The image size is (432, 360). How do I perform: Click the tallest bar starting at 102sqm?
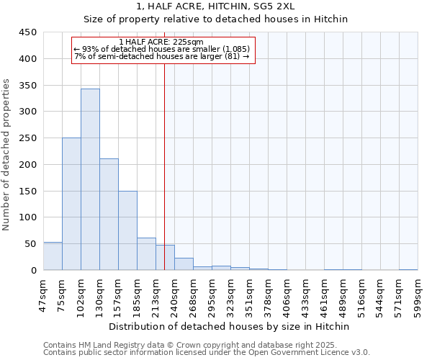(90, 180)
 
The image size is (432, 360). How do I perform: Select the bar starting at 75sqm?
(71, 204)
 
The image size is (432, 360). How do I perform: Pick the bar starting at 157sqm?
(127, 230)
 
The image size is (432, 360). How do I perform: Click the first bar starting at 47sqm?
(53, 256)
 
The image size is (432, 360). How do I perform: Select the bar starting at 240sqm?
(184, 264)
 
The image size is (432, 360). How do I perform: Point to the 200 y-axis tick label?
(28, 165)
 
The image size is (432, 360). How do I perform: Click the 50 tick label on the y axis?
(30, 244)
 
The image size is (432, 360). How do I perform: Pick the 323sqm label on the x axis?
(231, 295)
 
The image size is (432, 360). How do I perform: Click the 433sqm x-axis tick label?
(306, 295)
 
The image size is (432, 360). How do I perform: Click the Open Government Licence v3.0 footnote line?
(207, 353)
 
